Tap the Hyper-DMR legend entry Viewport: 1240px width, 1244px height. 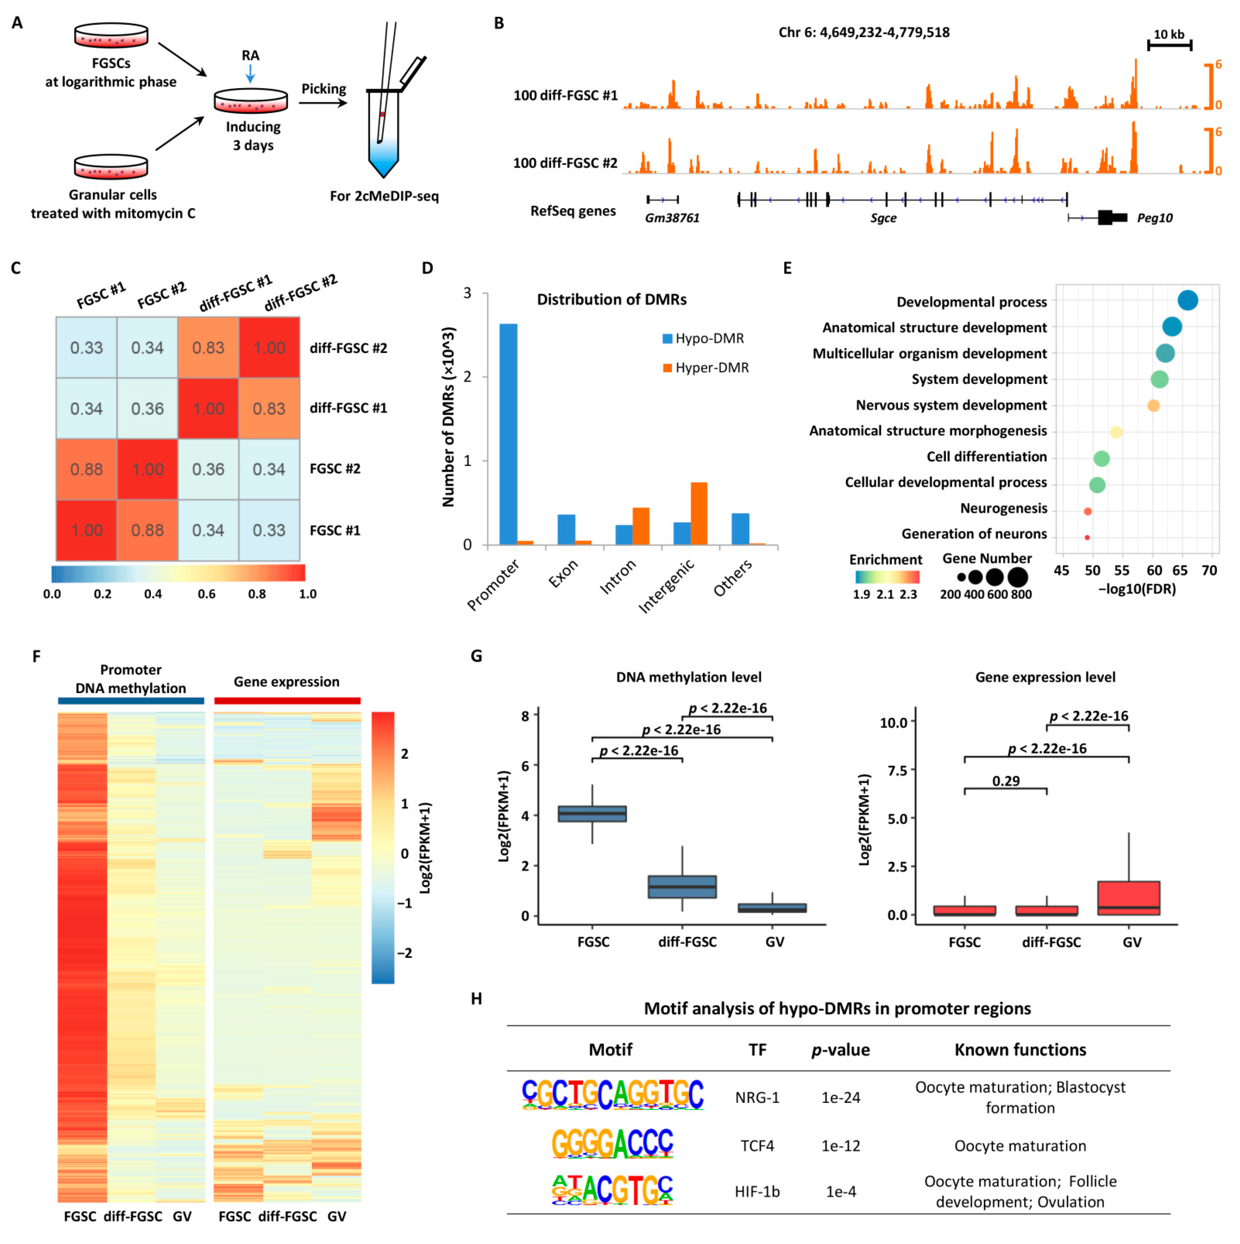tap(705, 368)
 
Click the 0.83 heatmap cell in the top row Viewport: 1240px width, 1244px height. tap(208, 348)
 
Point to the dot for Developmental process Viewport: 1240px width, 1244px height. tap(1187, 300)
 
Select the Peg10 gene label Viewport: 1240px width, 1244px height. tap(1154, 217)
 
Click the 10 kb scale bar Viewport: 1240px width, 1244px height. tap(1169, 45)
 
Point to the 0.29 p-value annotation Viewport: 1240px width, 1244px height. tap(1005, 781)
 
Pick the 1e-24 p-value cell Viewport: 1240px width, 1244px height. tap(841, 1097)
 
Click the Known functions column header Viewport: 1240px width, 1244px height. tap(1020, 1049)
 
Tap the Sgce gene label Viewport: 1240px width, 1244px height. tap(883, 217)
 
